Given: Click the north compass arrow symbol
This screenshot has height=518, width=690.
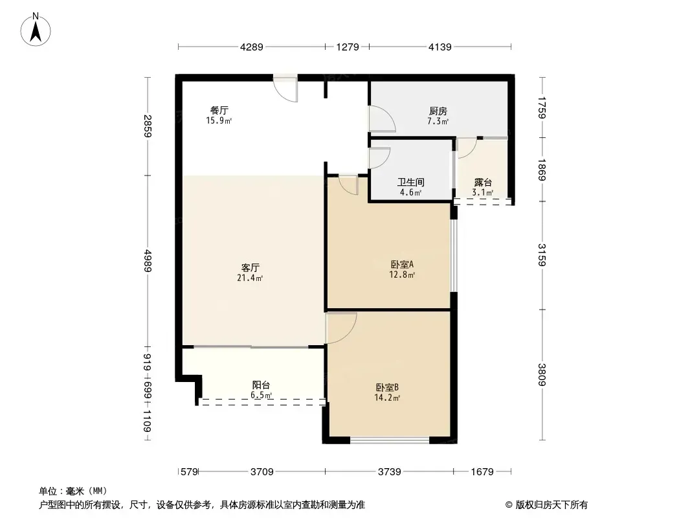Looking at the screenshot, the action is point(36,30).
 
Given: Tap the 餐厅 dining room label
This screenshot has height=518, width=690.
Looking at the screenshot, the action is point(219,111).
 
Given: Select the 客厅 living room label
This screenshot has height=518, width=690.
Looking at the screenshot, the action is point(250,267).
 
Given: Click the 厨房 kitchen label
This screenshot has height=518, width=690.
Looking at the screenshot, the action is point(438,111).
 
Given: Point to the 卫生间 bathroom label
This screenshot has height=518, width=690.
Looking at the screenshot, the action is point(410,182).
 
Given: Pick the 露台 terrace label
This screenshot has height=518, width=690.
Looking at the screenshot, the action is point(483,183).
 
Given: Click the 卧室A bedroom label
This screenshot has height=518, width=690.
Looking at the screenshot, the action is point(402,264).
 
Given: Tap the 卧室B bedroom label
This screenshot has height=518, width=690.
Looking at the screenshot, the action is point(387,388).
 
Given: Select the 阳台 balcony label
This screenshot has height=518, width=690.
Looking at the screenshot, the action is point(261,385).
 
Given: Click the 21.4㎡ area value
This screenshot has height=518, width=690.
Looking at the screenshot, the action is point(250,278).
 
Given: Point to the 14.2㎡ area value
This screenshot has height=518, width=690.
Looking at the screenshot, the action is point(387,398).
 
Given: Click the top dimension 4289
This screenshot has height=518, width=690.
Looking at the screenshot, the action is point(252,47).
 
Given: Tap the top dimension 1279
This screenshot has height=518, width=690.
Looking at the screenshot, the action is point(348,47).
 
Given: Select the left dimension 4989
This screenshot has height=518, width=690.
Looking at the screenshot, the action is point(148,260).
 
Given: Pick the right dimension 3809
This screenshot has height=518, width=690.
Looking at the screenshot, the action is point(542,374).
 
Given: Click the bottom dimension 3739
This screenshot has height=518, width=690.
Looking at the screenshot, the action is point(390,472).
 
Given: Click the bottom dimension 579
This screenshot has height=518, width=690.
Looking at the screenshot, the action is point(189,472).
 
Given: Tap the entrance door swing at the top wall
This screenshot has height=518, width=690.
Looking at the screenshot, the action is point(285,90).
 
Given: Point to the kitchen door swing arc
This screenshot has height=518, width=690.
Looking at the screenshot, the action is point(382,119).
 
